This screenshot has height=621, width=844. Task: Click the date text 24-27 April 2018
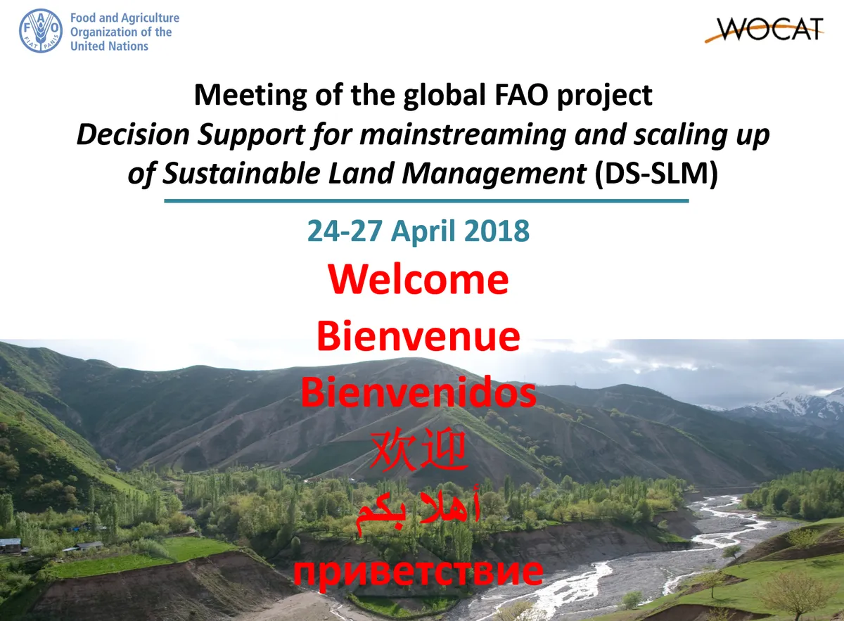(x=418, y=231)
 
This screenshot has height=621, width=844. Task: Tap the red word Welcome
(x=418, y=279)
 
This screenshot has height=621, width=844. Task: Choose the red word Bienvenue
(x=418, y=336)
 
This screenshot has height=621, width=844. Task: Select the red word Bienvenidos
(x=418, y=393)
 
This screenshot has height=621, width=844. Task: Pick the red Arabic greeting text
(x=418, y=508)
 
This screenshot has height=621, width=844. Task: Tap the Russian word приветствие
(x=418, y=571)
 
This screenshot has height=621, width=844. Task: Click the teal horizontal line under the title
(x=426, y=201)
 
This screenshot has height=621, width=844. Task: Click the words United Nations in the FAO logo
(x=109, y=46)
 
